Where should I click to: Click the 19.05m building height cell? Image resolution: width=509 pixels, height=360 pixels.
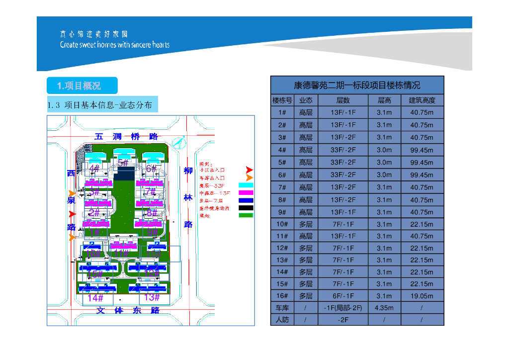(422, 296)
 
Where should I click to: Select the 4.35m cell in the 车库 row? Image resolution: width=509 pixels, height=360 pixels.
(384, 308)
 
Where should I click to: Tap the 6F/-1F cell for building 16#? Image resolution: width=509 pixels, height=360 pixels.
(343, 296)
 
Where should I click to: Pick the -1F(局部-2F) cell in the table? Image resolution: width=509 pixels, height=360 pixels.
(343, 308)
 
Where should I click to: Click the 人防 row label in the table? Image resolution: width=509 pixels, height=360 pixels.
(282, 320)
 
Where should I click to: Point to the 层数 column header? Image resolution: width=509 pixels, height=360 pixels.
(343, 100)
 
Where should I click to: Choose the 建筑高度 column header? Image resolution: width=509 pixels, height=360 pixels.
(422, 100)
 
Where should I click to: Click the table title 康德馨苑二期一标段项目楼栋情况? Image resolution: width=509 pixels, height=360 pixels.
(357, 85)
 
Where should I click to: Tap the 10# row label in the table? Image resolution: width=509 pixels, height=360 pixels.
(282, 224)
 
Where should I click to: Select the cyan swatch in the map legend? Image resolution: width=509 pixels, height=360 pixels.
(246, 185)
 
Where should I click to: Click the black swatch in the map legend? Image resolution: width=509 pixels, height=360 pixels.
(246, 208)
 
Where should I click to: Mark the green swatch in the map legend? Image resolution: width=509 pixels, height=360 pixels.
(246, 215)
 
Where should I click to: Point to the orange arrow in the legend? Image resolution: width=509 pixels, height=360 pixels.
(249, 178)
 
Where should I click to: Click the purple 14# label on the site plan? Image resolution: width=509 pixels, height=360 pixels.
(95, 298)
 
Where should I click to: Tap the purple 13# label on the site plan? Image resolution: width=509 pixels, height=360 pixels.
(152, 297)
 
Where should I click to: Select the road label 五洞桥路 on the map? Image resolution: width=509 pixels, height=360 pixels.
(126, 136)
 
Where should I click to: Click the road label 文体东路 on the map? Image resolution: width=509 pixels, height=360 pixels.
(128, 310)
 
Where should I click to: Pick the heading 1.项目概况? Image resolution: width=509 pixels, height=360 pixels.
(82, 86)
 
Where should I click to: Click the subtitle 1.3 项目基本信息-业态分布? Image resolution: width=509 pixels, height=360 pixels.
(102, 105)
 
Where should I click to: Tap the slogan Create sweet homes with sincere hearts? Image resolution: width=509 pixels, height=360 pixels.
(115, 45)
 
